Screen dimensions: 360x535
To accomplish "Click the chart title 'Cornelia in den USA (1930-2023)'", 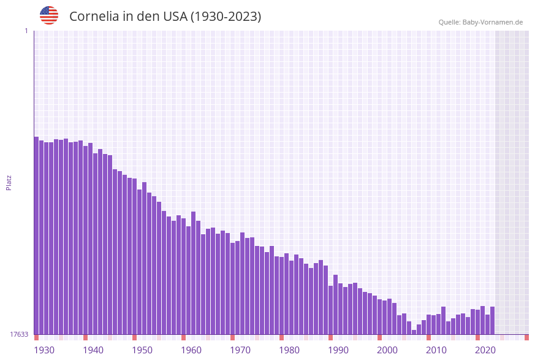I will pos(165,17).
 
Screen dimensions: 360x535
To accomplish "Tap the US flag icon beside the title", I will pos(49,15).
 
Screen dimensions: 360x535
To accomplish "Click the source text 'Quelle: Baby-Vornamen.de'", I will pos(480,22).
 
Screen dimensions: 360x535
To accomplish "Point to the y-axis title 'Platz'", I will pos(9,182).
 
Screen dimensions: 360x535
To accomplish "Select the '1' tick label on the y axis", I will pos(26,31).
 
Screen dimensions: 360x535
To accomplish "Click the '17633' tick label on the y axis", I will pos(19,334).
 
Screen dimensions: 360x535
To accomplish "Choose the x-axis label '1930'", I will pos(44,350).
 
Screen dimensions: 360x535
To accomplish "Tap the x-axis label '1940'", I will pos(93,350).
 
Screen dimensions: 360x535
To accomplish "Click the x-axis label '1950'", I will pos(142,350).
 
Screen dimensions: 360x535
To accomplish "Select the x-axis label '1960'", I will pos(191,350).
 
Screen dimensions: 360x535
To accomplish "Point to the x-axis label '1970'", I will pos(240,350).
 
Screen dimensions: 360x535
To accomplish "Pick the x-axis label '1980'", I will pos(289,350).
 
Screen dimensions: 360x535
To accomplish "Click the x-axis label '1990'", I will pos(338,350).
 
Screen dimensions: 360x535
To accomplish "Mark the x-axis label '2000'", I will pos(387,350).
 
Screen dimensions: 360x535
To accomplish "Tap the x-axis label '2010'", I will pos(436,350).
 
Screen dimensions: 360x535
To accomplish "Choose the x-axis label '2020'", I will pos(485,350).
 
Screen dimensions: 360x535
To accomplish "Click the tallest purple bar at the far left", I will pos(36,236).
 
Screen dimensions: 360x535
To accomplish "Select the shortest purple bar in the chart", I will pos(414,332).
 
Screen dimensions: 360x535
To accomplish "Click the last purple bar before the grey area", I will pos(492,320).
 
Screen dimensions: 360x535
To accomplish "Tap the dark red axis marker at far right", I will pos(526,337).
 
